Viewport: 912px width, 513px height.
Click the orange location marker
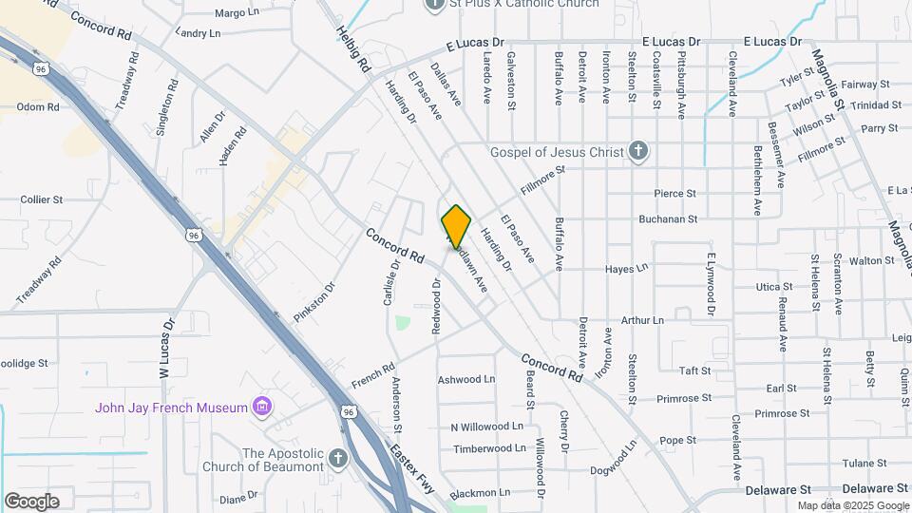(456, 227)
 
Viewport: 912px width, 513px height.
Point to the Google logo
(31, 501)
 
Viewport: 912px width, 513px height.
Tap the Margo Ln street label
(237, 13)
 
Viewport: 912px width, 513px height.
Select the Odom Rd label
(38, 107)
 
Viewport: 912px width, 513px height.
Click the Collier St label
(42, 200)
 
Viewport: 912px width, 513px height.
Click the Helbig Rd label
(351, 50)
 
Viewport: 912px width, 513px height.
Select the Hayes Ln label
(627, 269)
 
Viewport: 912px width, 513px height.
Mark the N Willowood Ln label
(487, 427)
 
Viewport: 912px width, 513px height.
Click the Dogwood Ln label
(613, 459)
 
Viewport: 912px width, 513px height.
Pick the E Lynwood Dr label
(710, 284)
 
